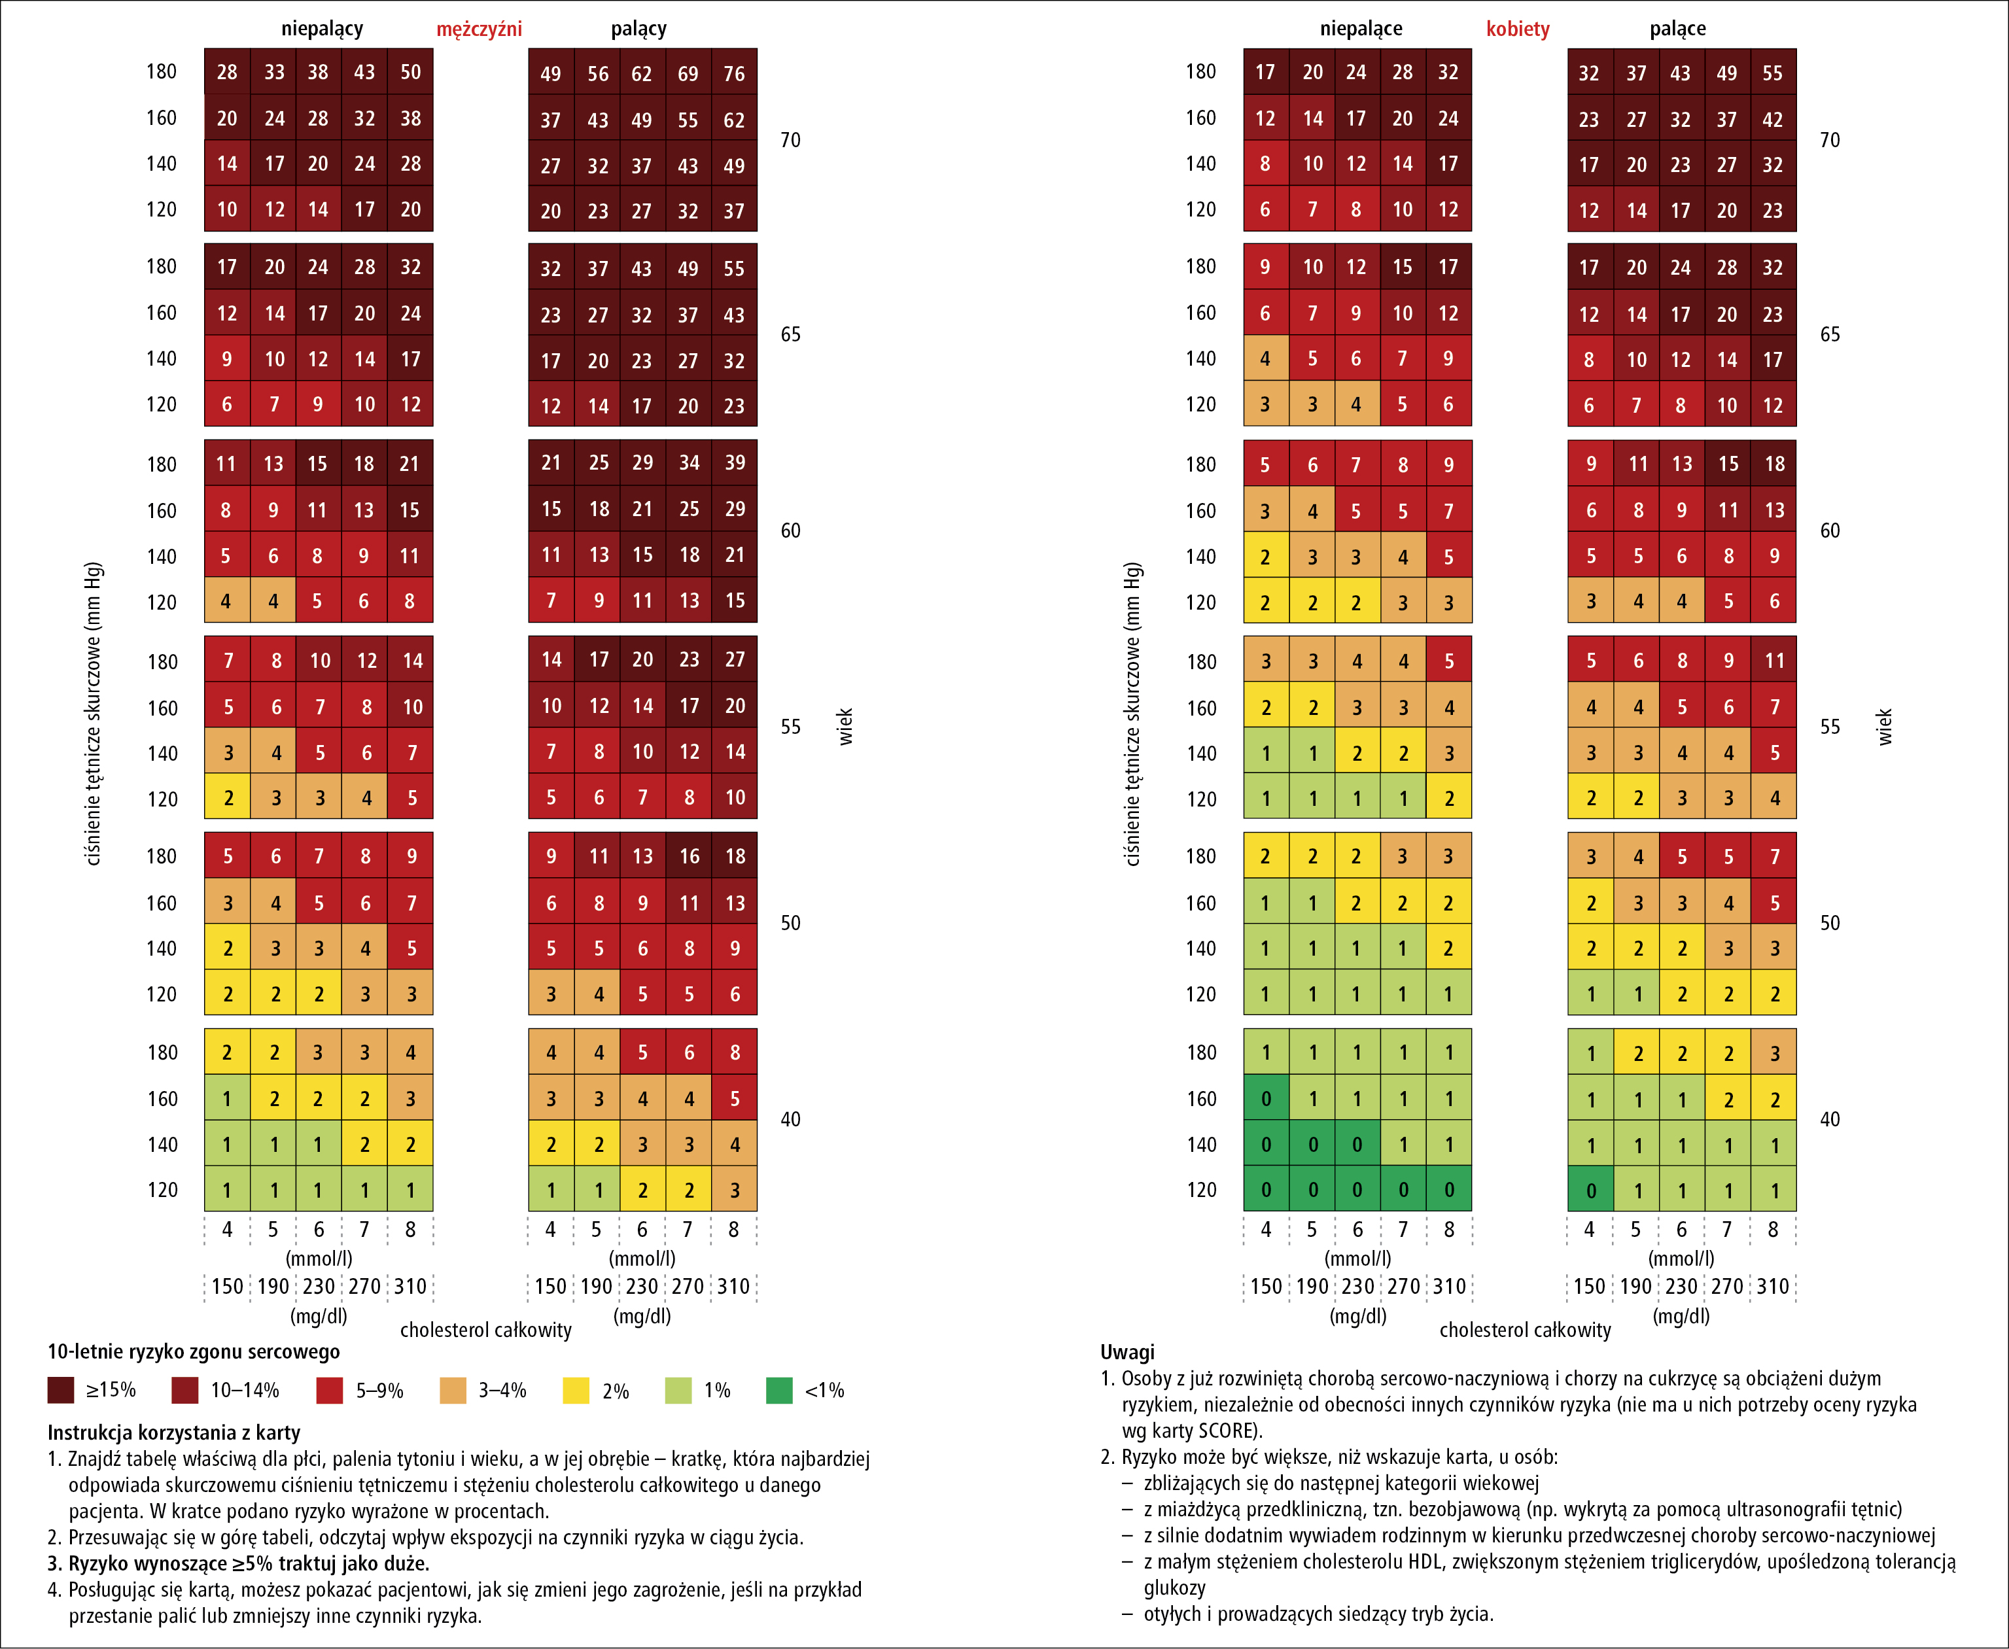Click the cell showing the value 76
coord(734,73)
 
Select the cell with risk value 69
coord(688,73)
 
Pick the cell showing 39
coord(734,462)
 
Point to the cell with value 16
coord(689,856)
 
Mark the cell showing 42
coord(1772,120)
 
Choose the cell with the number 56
coord(597,73)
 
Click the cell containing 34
coord(689,462)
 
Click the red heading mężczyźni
coord(479,29)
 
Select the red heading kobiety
coord(1517,29)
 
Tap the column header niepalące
coord(1360,29)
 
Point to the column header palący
coord(638,29)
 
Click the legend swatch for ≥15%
coord(61,1390)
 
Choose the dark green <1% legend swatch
coord(779,1390)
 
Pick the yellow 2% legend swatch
coord(576,1390)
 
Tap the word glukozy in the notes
coord(1174,1588)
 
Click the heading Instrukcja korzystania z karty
coord(174,1432)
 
